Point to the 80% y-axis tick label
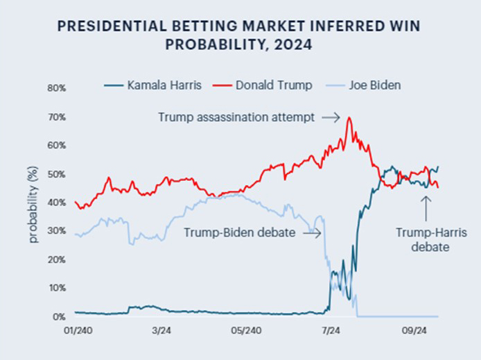(x=56, y=88)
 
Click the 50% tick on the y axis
(x=56, y=174)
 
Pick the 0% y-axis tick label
(x=59, y=317)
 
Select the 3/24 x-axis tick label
(x=160, y=331)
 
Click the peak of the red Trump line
(x=349, y=118)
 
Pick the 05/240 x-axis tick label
(x=245, y=331)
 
